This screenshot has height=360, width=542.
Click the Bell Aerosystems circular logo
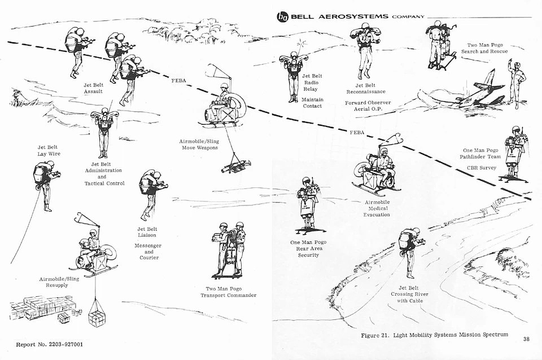[x=282, y=16]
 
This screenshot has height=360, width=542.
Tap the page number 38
[x=526, y=339]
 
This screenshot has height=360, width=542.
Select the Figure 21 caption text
[x=434, y=335]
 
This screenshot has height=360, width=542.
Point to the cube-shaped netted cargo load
[x=97, y=318]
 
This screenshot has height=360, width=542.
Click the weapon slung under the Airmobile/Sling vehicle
[x=235, y=166]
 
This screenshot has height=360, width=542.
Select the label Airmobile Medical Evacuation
[x=377, y=208]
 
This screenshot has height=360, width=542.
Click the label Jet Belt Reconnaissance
[x=366, y=88]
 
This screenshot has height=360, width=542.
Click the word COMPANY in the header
[x=407, y=17]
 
